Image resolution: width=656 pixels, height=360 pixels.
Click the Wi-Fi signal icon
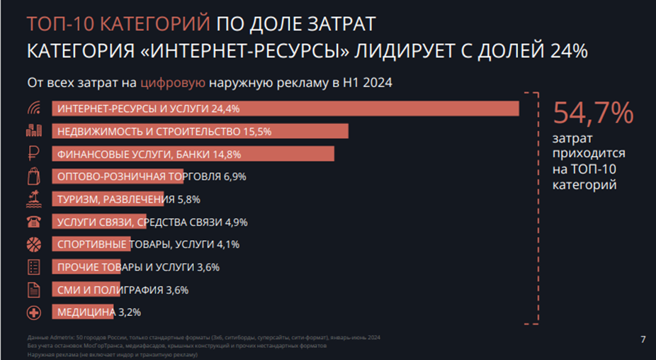33,108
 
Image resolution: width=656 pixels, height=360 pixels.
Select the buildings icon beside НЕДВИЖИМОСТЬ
33,131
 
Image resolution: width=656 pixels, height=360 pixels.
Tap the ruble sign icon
33,154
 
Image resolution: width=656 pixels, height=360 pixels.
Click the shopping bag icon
33,176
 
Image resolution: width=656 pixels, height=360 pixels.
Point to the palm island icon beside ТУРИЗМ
33,199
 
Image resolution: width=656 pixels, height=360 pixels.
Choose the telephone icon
33,222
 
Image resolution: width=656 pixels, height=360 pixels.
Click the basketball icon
33,244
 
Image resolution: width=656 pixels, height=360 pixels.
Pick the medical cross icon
33,313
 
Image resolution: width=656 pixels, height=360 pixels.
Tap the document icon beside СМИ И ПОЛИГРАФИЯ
33,290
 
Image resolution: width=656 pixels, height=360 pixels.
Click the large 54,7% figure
592,114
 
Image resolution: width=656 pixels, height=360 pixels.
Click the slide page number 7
643,339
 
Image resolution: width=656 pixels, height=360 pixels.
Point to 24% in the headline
565,51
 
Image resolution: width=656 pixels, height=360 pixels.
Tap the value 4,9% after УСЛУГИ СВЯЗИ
236,222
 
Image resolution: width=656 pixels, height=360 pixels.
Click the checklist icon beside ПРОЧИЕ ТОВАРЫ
33,267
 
